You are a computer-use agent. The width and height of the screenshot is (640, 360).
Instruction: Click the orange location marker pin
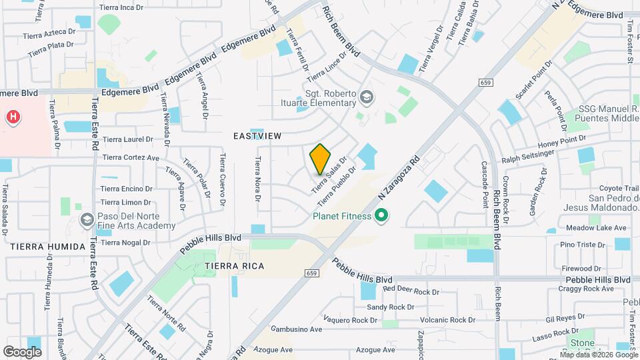pyautogui.click(x=321, y=159)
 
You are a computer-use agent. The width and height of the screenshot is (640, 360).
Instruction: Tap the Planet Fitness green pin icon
pyautogui.click(x=381, y=215)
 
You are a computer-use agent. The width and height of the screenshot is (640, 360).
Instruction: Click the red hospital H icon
pyautogui.click(x=13, y=117)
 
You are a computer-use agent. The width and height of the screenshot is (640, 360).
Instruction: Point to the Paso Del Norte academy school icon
pyautogui.click(x=86, y=219)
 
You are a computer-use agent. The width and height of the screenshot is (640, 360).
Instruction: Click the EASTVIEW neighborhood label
pyautogui.click(x=257, y=136)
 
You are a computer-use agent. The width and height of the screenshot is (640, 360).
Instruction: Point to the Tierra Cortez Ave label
pyautogui.click(x=131, y=158)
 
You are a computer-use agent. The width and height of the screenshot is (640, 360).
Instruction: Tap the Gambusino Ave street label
pyautogui.click(x=297, y=329)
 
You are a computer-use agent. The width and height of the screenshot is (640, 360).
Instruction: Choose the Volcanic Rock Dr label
pyautogui.click(x=440, y=320)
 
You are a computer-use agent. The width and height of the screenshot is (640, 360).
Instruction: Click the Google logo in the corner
pyautogui.click(x=22, y=351)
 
